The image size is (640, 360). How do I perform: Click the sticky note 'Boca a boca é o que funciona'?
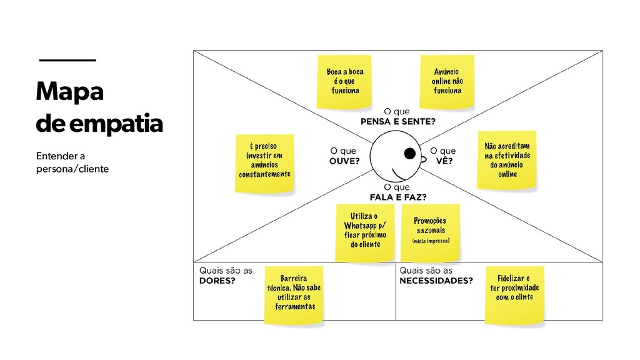pos(345,81)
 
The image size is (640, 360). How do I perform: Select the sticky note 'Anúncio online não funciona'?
pos(447,81)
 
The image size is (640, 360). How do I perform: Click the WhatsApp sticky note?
pos(364,232)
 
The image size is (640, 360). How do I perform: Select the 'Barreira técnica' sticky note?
pos(293,294)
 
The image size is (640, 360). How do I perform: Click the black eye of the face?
pos(410,154)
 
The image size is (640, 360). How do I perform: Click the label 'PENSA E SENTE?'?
pos(398,121)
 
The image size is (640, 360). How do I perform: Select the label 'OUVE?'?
pos(344,161)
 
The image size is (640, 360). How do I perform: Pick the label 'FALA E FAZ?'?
pos(398,197)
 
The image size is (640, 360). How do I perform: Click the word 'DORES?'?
pos(217,281)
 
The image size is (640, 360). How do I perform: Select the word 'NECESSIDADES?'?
pos(436,281)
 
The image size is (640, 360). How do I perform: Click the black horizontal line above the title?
pos(67,60)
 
